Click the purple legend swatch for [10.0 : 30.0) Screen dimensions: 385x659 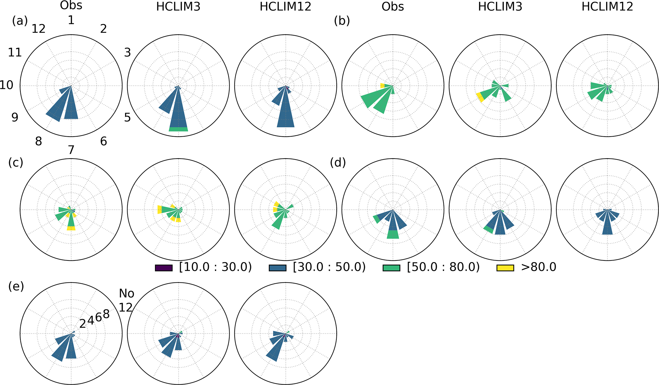pyautogui.click(x=164, y=268)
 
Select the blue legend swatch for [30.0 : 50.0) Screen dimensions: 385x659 pyautogui.click(x=278, y=268)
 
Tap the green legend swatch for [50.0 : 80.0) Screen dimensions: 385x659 pyautogui.click(x=392, y=268)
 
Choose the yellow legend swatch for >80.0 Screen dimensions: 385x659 pyautogui.click(x=505, y=268)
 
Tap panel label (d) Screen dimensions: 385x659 pyautogui.click(x=338, y=162)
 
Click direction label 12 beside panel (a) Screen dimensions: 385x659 pyautogui.click(x=39, y=29)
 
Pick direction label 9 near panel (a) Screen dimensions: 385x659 pyautogui.click(x=15, y=118)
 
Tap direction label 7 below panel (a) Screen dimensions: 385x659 pyautogui.click(x=71, y=150)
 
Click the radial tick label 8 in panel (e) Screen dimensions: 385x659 pyautogui.click(x=106, y=314)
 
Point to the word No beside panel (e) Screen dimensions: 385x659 pyautogui.click(x=127, y=293)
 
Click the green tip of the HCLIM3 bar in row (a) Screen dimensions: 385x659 pyautogui.click(x=178, y=129)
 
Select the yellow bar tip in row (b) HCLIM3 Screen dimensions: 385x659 pyautogui.click(x=480, y=97)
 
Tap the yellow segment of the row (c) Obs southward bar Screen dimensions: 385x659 pyautogui.click(x=71, y=228)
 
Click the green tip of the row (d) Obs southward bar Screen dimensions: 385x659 pyautogui.click(x=393, y=234)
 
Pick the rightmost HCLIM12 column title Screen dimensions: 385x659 pyautogui.click(x=607, y=7)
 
